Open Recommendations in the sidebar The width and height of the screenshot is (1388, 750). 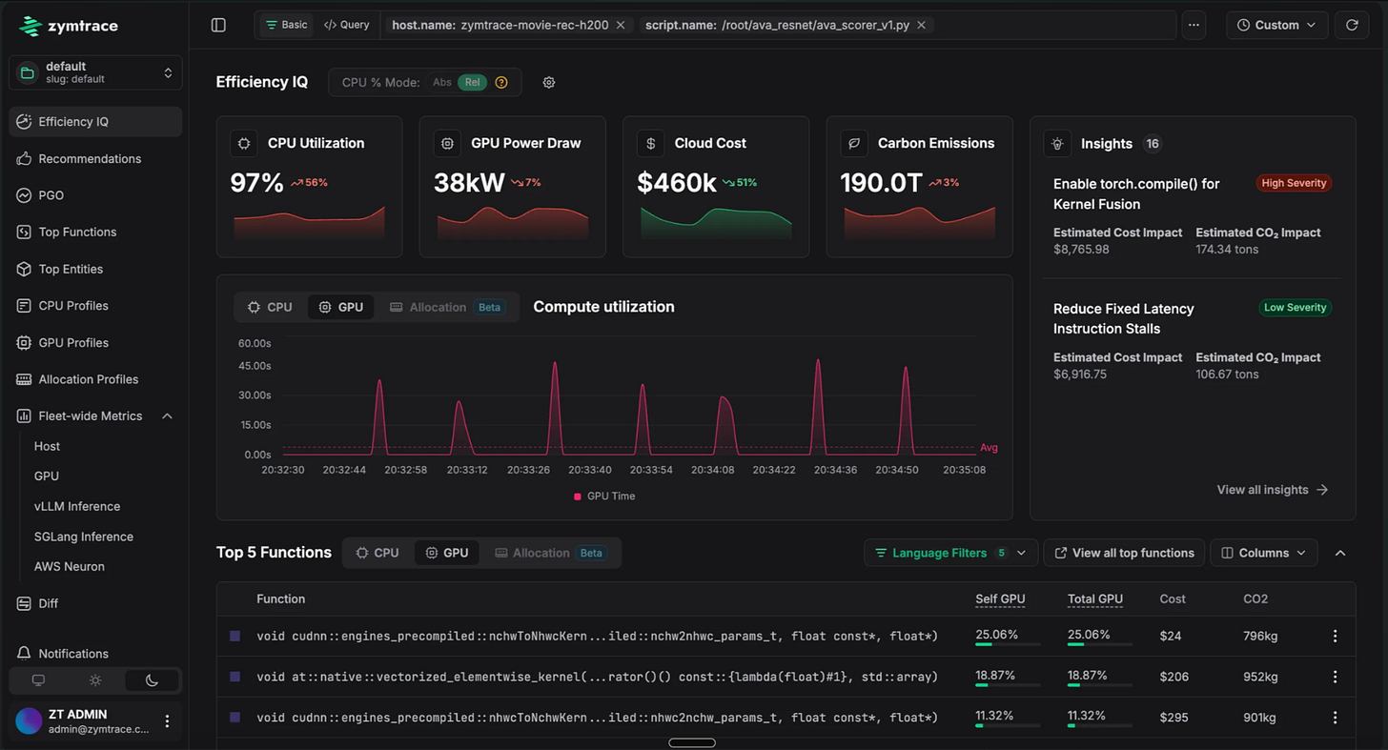[x=90, y=158]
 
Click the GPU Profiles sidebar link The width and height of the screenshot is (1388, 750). [x=73, y=342]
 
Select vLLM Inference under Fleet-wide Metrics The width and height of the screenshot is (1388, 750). [x=77, y=506]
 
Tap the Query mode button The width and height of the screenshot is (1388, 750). [x=347, y=25]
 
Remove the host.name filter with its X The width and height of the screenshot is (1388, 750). [x=621, y=25]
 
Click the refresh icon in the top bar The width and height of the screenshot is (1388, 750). [x=1352, y=25]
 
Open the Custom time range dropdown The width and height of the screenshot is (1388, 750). [x=1276, y=25]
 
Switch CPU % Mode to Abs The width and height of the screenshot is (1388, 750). [x=441, y=82]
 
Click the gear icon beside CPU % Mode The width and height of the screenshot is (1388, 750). [x=549, y=82]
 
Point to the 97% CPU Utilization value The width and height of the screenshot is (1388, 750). [x=256, y=183]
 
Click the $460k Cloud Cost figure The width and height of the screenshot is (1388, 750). [x=677, y=183]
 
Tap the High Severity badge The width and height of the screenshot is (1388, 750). [x=1294, y=183]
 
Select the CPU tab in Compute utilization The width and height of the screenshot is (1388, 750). [x=270, y=307]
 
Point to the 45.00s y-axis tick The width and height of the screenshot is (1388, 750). [x=255, y=366]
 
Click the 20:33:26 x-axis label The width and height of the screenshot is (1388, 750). [x=528, y=470]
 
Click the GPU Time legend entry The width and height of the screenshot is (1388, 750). [x=604, y=497]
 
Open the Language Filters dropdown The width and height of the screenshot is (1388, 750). [x=949, y=553]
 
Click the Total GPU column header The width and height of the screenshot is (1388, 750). [x=1095, y=598]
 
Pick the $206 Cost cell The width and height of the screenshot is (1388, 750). [x=1174, y=677]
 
